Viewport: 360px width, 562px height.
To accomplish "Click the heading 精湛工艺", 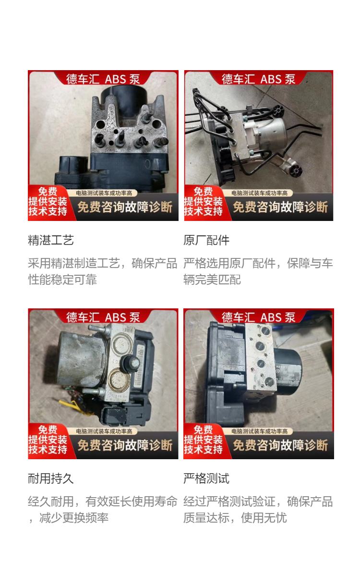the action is tap(51, 240).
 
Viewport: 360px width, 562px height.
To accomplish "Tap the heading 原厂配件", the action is tap(206, 240).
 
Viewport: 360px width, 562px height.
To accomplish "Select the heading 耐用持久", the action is tap(51, 478).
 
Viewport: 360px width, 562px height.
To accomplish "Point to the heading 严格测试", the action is tap(206, 478).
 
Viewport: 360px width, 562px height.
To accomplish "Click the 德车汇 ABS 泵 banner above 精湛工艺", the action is tap(103, 79).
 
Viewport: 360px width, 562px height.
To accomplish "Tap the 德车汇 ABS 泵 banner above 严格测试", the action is tap(259, 317).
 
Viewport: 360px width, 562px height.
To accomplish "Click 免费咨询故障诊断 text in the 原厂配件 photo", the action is tap(280, 207).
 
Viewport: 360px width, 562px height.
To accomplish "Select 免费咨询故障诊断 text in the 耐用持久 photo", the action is tap(125, 445).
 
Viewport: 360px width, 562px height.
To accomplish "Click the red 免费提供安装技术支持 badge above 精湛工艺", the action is tap(48, 202).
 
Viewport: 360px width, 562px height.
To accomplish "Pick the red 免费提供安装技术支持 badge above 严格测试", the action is tap(204, 440).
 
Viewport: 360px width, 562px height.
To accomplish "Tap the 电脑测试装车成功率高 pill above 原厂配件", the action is tap(259, 193).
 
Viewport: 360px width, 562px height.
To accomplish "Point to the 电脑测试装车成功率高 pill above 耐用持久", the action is tap(104, 431).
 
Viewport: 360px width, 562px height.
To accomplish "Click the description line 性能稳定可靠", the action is tap(63, 280).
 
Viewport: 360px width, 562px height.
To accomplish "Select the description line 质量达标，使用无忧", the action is tap(235, 518).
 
